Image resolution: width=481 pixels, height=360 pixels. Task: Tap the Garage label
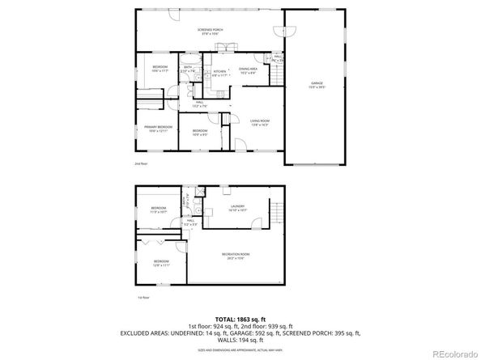(x=317, y=84)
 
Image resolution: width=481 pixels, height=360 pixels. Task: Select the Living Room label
(x=259, y=122)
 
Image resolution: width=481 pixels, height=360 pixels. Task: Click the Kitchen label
(x=219, y=74)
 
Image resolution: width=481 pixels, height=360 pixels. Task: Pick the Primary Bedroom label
(x=158, y=129)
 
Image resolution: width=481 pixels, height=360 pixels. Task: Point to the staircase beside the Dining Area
(x=277, y=76)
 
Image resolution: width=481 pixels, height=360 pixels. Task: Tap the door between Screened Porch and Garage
(x=281, y=30)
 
